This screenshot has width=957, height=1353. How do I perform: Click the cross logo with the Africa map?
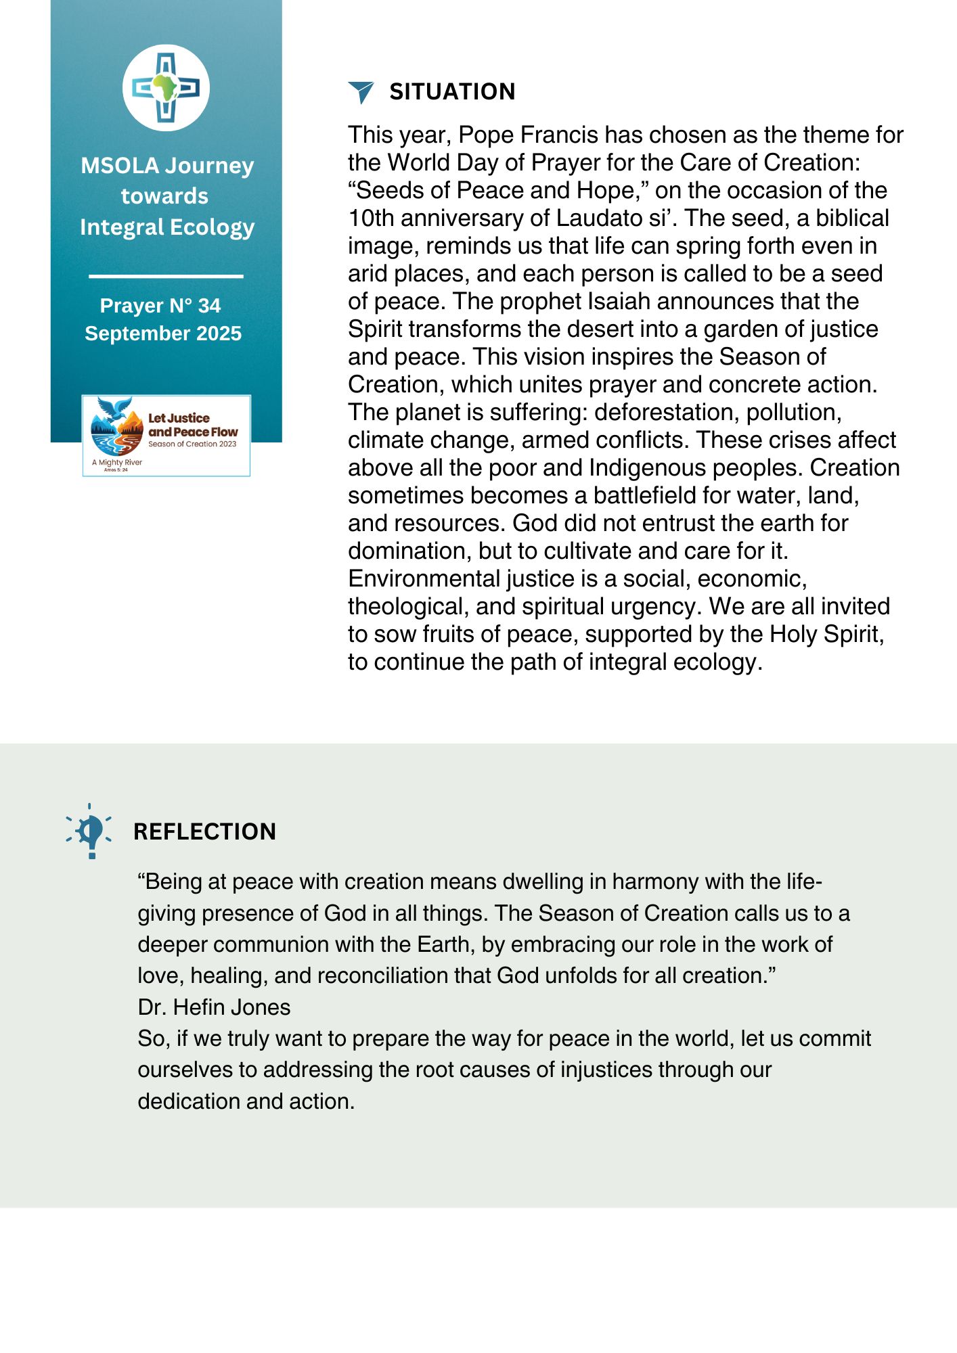coord(166,88)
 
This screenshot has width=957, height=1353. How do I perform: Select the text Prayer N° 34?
coord(160,306)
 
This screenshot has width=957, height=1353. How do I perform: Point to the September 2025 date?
coord(163,334)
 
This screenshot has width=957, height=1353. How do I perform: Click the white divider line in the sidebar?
coord(166,276)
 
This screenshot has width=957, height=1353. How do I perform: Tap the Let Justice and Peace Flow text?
coord(192,425)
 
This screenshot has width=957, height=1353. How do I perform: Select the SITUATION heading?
coord(452,92)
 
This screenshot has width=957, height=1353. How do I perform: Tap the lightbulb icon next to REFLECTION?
coord(90,831)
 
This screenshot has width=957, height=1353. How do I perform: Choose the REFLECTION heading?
coord(204,831)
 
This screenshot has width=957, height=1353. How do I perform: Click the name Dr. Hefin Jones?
coord(214,1007)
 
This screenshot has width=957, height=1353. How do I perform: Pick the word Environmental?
coord(424,579)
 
